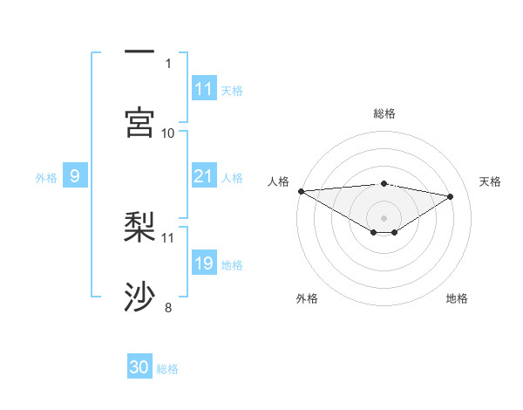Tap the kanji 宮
point(140,122)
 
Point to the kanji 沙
point(140,297)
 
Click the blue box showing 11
point(204,89)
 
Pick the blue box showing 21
point(204,177)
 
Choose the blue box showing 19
point(204,264)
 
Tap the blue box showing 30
point(139,368)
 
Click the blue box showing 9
point(75,177)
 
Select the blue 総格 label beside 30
point(167,369)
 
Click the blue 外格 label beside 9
point(46,178)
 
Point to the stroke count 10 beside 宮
point(168,133)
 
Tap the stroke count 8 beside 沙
point(168,307)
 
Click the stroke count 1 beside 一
point(168,63)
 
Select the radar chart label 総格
point(384,113)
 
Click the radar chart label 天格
point(491,181)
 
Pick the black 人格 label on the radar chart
point(278,181)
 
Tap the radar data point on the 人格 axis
point(301,191)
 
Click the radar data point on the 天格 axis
point(451,196)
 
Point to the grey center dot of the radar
point(384,217)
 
